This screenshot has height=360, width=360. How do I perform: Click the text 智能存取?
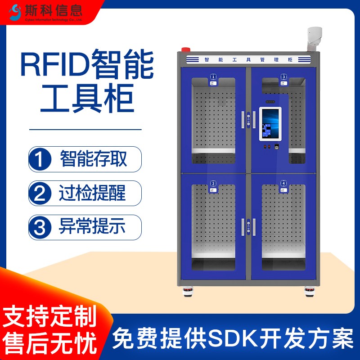pyautogui.click(x=94, y=159)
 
